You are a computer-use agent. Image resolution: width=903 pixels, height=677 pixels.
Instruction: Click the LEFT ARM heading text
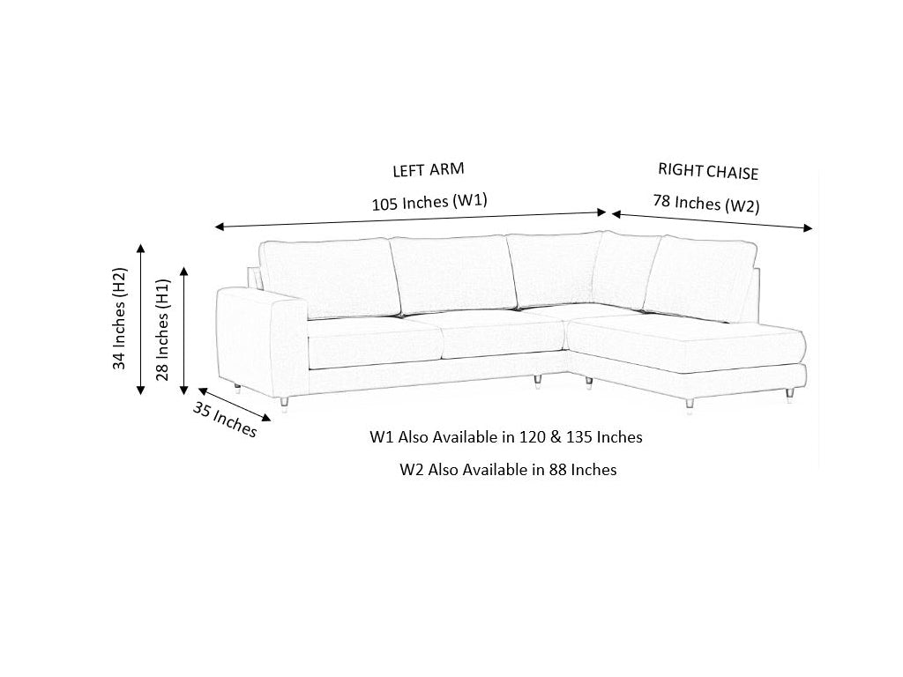pyautogui.click(x=428, y=170)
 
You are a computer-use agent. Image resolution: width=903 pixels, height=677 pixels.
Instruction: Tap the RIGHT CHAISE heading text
pyautogui.click(x=708, y=172)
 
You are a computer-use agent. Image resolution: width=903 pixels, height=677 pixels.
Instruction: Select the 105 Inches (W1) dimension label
pyautogui.click(x=429, y=202)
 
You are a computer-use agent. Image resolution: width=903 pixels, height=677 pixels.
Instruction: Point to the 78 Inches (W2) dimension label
pyautogui.click(x=706, y=204)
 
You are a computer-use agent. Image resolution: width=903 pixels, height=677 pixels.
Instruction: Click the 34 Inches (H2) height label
pyautogui.click(x=119, y=318)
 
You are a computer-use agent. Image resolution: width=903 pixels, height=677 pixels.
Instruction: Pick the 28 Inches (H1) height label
pyautogui.click(x=162, y=330)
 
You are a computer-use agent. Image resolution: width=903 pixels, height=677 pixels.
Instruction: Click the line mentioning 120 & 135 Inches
pyautogui.click(x=505, y=437)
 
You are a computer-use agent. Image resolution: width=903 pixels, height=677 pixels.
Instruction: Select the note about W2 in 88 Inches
pyautogui.click(x=508, y=470)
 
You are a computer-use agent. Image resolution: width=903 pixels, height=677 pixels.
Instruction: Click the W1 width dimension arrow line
pyautogui.click(x=410, y=219)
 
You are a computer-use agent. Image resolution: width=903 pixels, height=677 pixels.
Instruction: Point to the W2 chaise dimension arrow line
pyautogui.click(x=712, y=221)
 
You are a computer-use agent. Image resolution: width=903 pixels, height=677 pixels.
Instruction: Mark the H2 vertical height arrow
pyautogui.click(x=140, y=319)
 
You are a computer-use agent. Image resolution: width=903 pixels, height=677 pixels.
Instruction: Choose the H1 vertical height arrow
pyautogui.click(x=184, y=331)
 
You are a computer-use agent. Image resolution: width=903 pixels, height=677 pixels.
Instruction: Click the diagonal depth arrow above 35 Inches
pyautogui.click(x=235, y=405)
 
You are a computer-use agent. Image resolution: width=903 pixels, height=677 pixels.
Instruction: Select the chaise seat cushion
pyautogui.click(x=686, y=344)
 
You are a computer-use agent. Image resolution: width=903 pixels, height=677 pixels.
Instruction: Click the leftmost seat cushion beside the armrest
pyautogui.click(x=376, y=342)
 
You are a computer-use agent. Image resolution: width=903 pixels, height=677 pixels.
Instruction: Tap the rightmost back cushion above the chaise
pyautogui.click(x=699, y=279)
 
